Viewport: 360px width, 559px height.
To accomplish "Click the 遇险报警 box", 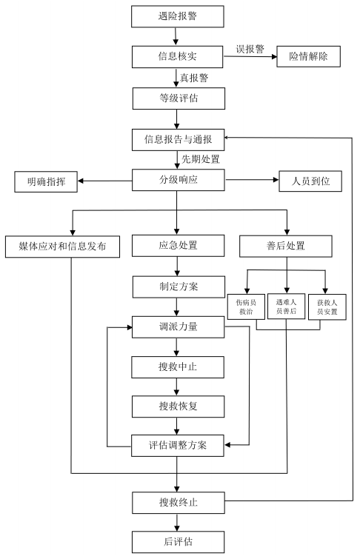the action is [x=177, y=16].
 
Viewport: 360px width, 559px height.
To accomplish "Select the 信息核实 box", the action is [x=177, y=57].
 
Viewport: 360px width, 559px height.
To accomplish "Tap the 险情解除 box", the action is [x=309, y=56].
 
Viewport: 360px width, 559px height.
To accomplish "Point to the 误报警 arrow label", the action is [x=250, y=49].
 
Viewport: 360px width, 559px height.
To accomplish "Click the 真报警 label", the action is [x=194, y=78].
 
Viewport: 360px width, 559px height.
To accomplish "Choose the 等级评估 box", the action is [x=179, y=98].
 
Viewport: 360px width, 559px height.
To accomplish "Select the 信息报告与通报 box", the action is [x=178, y=140].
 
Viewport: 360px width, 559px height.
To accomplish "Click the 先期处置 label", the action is [x=201, y=159].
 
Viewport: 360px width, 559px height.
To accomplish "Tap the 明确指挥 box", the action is [x=46, y=182].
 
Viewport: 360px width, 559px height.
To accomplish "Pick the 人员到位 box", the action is [x=310, y=181].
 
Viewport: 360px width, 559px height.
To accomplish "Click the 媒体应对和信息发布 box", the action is [x=62, y=247].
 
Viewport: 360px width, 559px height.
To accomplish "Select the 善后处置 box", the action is [x=286, y=246].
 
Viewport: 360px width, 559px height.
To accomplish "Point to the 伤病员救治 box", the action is [x=246, y=307].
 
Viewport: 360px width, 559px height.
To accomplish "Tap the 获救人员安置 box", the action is [x=327, y=307].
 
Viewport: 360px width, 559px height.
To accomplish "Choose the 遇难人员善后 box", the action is [x=286, y=307].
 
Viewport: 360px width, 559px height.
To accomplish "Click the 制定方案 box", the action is [x=179, y=287].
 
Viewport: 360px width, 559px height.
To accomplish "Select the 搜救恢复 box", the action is [x=178, y=406].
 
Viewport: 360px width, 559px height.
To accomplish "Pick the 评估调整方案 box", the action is [x=178, y=446].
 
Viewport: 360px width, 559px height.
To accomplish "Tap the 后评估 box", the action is [x=178, y=542].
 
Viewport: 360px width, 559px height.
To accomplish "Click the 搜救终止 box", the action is [x=179, y=503].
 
